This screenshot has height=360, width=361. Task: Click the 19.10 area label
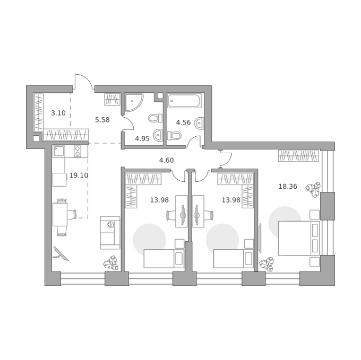79,175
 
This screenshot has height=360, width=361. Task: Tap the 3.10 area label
58,113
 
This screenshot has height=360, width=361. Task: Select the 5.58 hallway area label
102,120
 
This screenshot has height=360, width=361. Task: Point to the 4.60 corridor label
167,160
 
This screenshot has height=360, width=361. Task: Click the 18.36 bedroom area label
288,186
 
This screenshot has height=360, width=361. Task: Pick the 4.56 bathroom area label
183,122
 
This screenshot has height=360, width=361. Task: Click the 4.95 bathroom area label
142,138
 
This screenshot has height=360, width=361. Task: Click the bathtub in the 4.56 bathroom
184,101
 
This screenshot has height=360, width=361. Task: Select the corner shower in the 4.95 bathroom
134,102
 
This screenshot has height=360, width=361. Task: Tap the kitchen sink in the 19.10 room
59,152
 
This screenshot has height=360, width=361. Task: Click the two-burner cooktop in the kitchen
78,152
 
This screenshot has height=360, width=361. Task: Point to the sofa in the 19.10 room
110,232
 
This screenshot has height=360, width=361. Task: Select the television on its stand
61,254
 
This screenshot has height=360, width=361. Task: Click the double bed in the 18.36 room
299,238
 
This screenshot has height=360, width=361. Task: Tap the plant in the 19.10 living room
111,262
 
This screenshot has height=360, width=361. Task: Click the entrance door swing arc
84,80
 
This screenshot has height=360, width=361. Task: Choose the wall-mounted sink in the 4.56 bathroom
200,123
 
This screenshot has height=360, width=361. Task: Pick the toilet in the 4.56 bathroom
174,136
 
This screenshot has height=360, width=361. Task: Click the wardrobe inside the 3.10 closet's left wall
38,112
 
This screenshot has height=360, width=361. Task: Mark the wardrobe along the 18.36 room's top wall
298,156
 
